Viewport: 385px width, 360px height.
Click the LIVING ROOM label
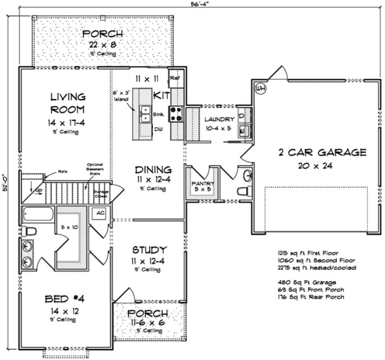[67, 103]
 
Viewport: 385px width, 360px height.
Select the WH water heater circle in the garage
[260, 88]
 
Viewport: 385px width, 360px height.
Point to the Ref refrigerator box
[174, 79]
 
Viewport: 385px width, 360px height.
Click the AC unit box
[100, 214]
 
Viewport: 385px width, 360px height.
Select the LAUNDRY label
[219, 119]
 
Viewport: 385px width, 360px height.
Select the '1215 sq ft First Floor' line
[306, 253]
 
